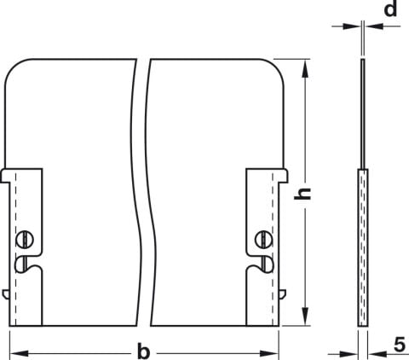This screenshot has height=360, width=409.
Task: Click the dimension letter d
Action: pyautogui.click(x=390, y=9)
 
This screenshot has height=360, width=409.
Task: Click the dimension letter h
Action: pyautogui.click(x=302, y=194)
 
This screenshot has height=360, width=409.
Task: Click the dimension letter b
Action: pyautogui.click(x=143, y=351)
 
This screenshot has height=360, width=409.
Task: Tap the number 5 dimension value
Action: pyautogui.click(x=400, y=345)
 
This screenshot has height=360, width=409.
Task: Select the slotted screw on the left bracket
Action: pyautogui.click(x=25, y=240)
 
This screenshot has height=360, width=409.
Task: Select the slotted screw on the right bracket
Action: pyautogui.click(x=263, y=239)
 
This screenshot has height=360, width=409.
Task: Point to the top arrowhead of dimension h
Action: pyautogui.click(x=305, y=68)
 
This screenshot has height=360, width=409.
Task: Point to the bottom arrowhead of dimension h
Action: pyautogui.click(x=305, y=316)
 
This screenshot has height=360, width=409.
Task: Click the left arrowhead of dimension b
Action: pyautogui.click(x=19, y=354)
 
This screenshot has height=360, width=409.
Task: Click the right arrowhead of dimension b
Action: pyautogui.click(x=269, y=354)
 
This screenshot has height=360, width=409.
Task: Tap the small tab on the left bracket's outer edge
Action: pyautogui.click(x=6, y=294)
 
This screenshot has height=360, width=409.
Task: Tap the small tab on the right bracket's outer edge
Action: pyautogui.click(x=283, y=294)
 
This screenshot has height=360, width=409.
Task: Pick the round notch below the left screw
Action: pyautogui.click(x=21, y=264)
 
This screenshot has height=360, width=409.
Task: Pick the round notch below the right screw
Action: pyautogui.click(x=267, y=264)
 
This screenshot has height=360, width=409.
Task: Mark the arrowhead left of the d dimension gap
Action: pyautogui.click(x=352, y=26)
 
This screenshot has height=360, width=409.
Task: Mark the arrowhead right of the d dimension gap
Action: pyautogui.click(x=374, y=26)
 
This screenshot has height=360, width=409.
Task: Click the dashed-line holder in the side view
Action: pyautogui.click(x=363, y=247)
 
